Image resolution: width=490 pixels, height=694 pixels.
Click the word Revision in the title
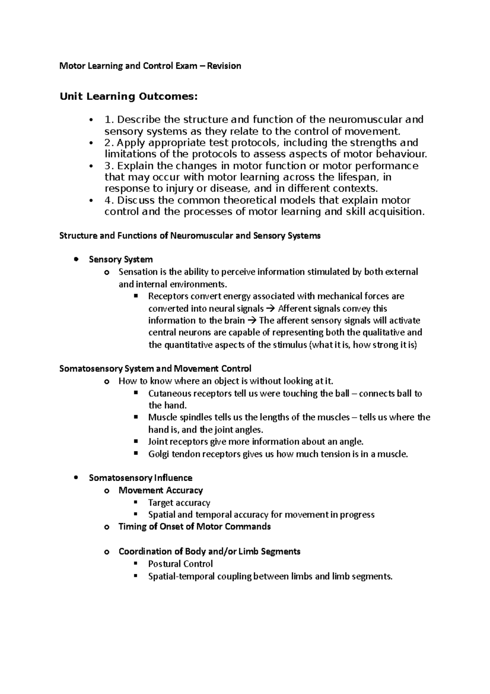224,66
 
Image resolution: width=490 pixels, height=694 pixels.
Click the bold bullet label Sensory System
121,260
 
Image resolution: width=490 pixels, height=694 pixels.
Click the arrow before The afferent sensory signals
252,320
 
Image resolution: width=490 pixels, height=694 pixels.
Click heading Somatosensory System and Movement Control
155,369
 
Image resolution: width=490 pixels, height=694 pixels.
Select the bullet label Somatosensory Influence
140,478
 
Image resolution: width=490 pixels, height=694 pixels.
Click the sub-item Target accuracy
179,503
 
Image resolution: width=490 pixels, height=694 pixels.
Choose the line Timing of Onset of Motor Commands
194,526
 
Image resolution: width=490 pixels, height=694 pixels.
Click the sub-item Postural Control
180,564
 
